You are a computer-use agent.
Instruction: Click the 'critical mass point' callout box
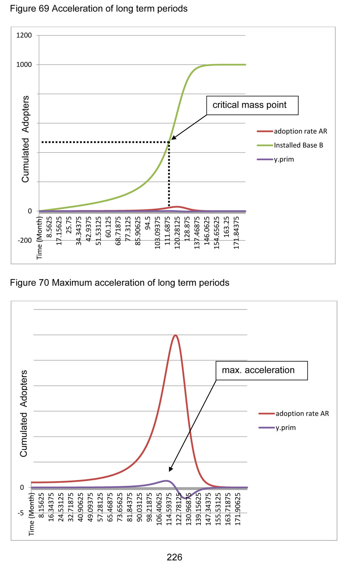pos(252,105)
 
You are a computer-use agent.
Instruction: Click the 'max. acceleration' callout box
pos(261,370)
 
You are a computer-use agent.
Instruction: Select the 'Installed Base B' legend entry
pos(298,145)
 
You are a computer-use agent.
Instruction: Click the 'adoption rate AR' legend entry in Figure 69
pos(300,131)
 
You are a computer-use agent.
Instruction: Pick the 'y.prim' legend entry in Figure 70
pos(285,428)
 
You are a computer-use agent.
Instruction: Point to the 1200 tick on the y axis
pos(24,35)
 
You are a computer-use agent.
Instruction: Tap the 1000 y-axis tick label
pos(24,65)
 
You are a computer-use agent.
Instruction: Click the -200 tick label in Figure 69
pos(25,241)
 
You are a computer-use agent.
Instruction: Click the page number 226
pos(174,557)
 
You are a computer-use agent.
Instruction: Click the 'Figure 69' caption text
pos(30,9)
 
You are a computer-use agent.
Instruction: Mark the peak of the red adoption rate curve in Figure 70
pos(175,335)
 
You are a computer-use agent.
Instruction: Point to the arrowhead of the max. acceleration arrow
pos(171,470)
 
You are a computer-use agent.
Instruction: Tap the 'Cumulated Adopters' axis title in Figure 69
pos(26,139)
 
